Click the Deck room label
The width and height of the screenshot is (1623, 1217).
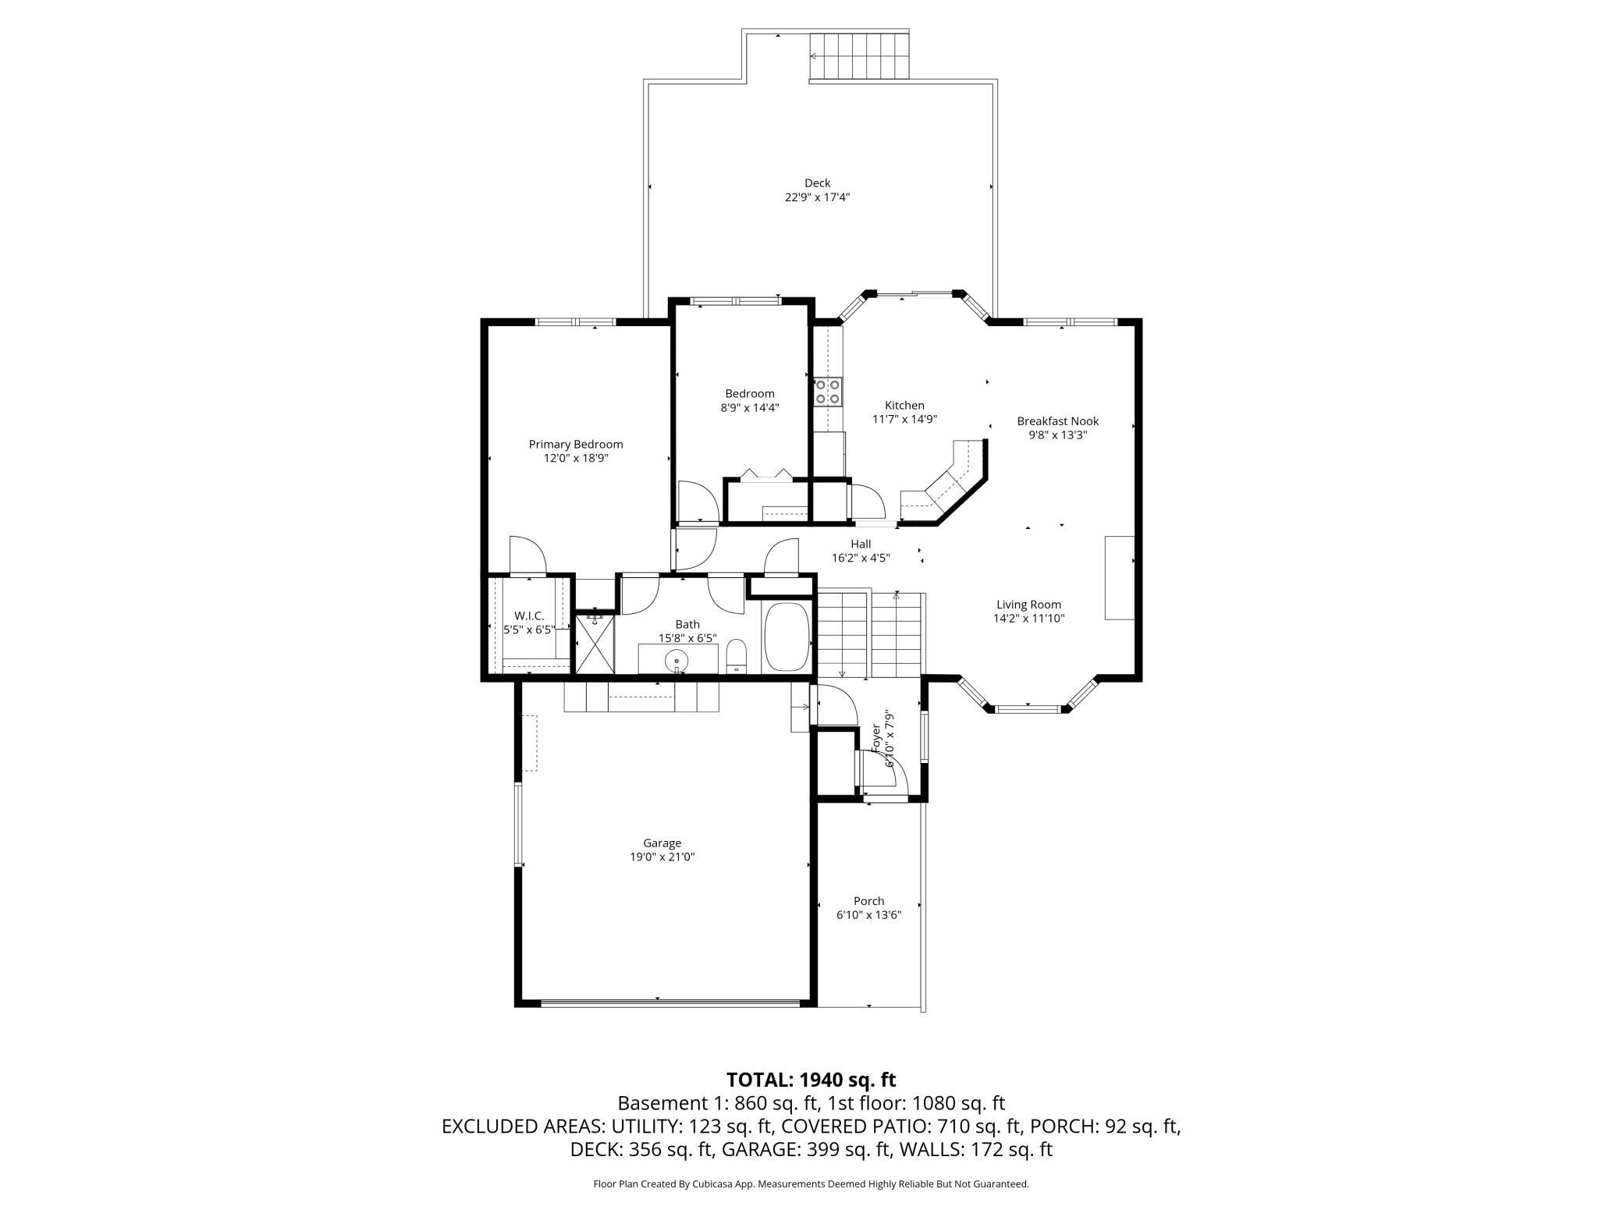pos(817,183)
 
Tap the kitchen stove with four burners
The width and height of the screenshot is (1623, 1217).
pos(827,392)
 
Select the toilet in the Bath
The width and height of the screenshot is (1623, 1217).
pos(737,657)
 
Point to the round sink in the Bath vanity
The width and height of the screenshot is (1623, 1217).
pos(677,662)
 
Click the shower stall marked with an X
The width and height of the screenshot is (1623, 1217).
pos(595,644)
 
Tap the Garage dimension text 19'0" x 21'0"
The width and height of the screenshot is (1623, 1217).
pos(662,857)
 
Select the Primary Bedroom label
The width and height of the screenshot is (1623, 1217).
pos(576,445)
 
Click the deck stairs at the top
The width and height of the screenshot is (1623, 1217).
pos(859,56)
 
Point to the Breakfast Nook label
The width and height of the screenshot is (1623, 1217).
pos(1057,421)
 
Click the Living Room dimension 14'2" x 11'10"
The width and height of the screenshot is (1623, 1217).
pos(1028,619)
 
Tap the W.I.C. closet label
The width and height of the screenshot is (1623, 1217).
pos(529,616)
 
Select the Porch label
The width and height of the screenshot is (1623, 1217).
pos(868,901)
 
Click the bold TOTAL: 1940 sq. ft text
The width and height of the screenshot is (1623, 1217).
pos(811,1080)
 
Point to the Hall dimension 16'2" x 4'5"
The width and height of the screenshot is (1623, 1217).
pos(861,558)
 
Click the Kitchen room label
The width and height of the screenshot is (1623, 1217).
pos(904,406)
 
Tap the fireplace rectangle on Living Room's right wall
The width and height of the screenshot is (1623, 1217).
pos(1119,577)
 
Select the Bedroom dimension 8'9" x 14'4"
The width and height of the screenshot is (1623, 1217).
pos(749,407)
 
